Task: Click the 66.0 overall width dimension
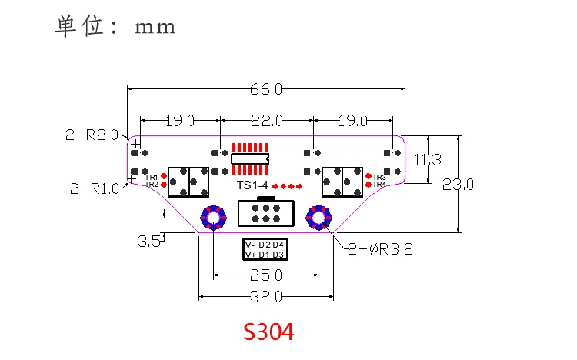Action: tap(266, 89)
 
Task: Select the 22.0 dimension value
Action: tap(267, 121)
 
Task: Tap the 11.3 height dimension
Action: tap(428, 160)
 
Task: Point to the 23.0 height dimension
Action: tap(458, 184)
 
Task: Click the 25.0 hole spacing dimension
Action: tap(266, 275)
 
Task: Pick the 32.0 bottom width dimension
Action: tap(266, 296)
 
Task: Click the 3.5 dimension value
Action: tap(149, 242)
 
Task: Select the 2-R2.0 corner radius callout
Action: tap(92, 135)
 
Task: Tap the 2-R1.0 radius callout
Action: tap(95, 188)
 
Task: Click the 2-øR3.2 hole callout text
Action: tap(381, 249)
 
